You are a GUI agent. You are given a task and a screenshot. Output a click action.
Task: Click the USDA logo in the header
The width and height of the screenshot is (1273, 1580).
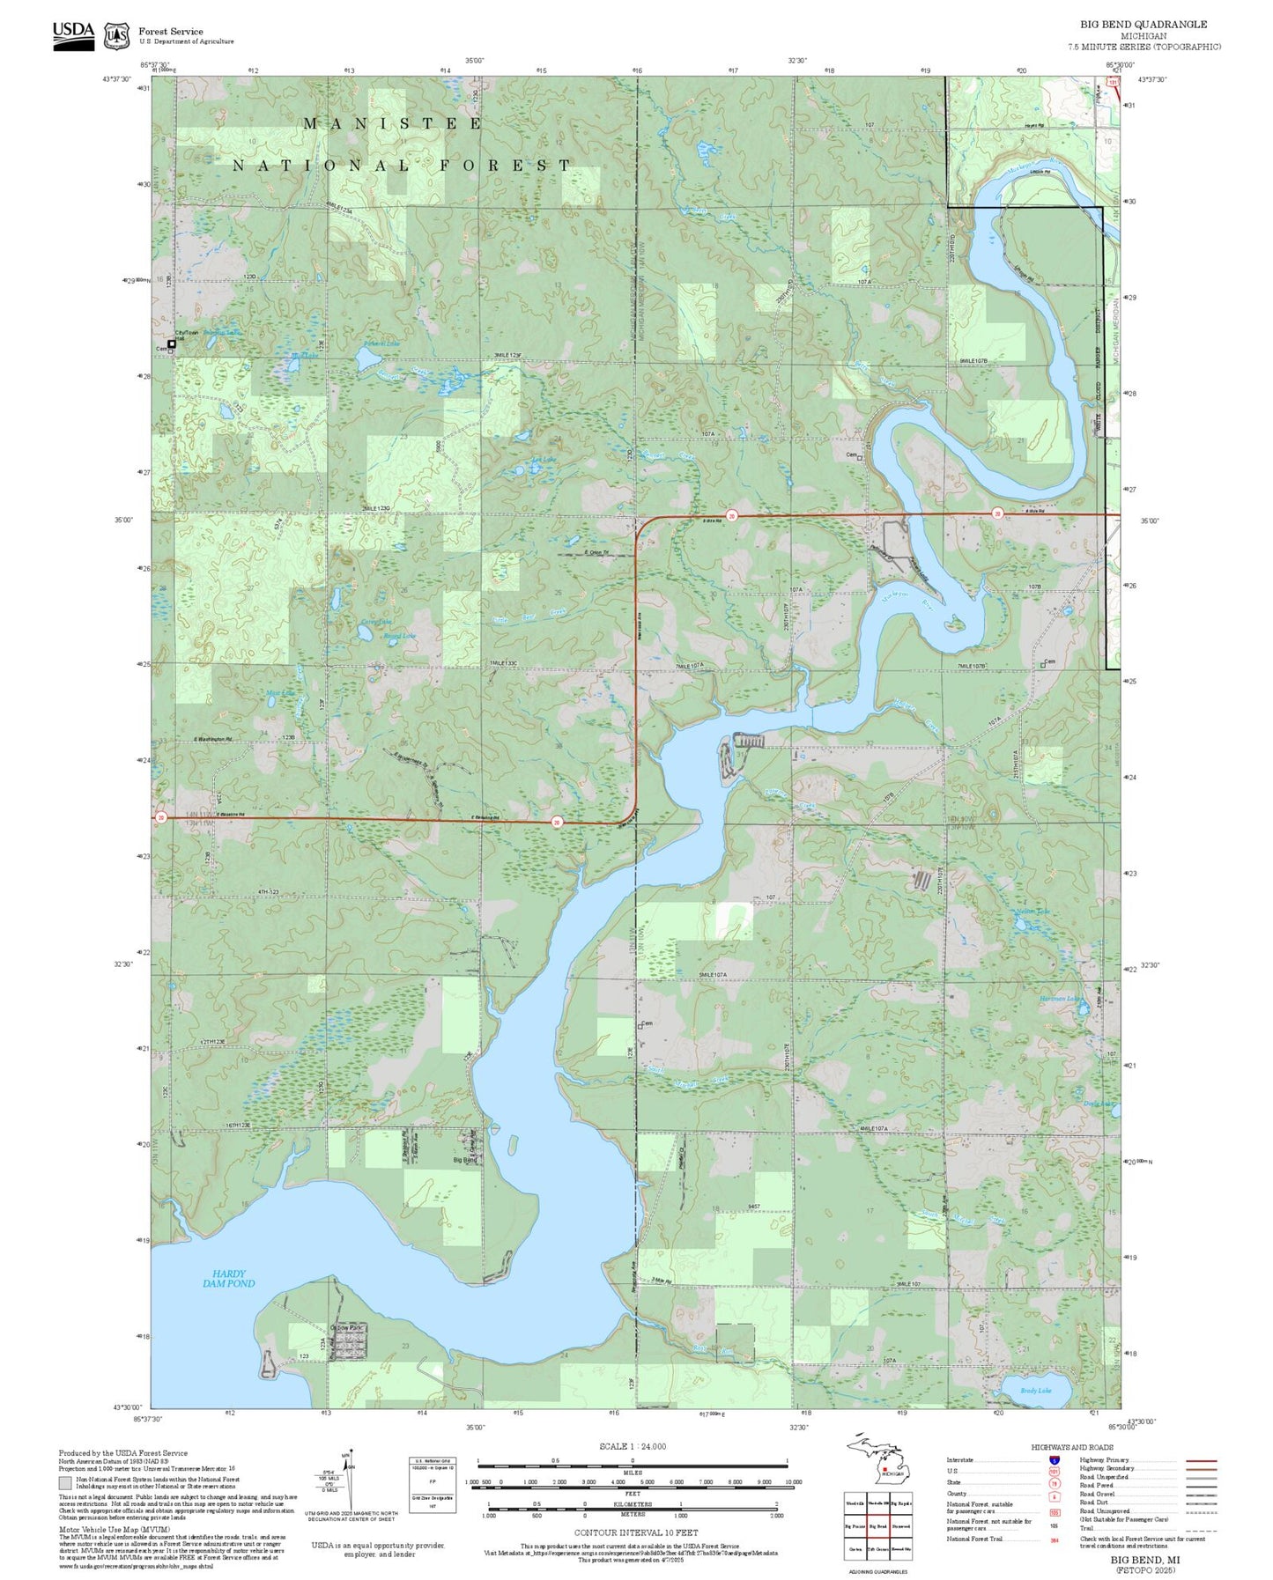pos(73,34)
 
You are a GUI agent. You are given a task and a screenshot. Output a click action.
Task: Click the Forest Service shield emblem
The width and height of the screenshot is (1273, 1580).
pos(116,36)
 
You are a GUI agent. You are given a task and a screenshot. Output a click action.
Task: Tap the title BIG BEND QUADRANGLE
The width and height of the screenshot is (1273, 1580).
pos(1143,25)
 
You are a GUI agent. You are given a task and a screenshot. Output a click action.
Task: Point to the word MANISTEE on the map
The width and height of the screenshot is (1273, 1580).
pos(393,124)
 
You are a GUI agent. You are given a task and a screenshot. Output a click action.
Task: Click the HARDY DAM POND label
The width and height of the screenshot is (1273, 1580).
pos(228,1279)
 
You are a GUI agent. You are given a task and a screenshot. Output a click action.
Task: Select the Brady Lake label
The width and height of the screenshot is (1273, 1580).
pos(1036,1391)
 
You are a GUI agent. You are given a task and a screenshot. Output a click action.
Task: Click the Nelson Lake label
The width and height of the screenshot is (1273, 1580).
pos(1033,912)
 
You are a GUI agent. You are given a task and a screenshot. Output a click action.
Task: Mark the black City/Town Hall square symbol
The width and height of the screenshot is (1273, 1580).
pos(172,344)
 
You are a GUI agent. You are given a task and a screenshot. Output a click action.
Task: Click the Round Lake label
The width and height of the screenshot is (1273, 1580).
pos(399,635)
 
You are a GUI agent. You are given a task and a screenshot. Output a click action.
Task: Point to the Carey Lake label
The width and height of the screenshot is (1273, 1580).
pos(375,622)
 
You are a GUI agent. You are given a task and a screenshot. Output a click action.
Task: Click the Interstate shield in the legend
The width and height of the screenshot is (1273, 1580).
pos(1054,1459)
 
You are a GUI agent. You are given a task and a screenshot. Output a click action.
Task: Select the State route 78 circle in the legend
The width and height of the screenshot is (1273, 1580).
pos(1054,1482)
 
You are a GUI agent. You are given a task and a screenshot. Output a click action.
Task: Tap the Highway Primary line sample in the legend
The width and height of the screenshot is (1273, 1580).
pos(1201,1460)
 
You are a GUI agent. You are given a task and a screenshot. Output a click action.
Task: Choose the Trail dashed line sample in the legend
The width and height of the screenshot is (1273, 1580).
pos(1201,1529)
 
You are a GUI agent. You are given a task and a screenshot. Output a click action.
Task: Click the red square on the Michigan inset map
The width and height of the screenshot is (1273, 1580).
pos(884,1468)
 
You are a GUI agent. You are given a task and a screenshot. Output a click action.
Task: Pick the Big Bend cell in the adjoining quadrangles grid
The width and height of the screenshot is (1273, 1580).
pos(877,1526)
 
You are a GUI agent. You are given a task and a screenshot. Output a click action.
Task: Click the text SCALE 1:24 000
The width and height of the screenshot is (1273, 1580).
pos(633,1446)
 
